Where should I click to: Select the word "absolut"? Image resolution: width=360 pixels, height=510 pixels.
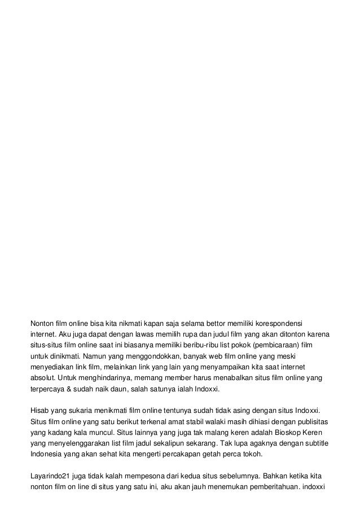(x=42, y=379)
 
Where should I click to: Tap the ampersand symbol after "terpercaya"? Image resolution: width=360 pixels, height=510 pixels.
(x=72, y=390)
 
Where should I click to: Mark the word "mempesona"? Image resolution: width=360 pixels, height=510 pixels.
(x=139, y=474)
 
